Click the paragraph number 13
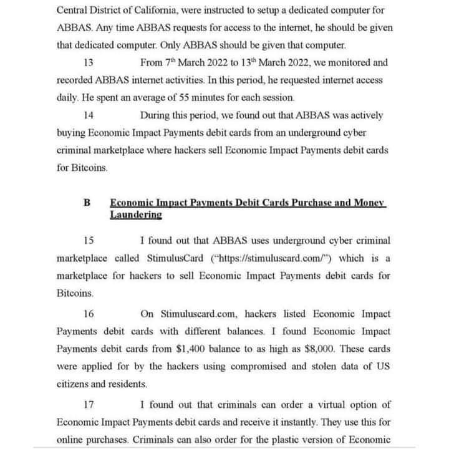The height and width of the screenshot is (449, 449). [x=88, y=63]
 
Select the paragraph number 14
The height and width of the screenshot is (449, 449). [x=88, y=115]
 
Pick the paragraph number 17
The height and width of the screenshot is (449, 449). [x=88, y=404]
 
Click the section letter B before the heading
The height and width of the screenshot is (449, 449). [x=87, y=203]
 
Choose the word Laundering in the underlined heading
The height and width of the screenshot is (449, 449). [x=136, y=215]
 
